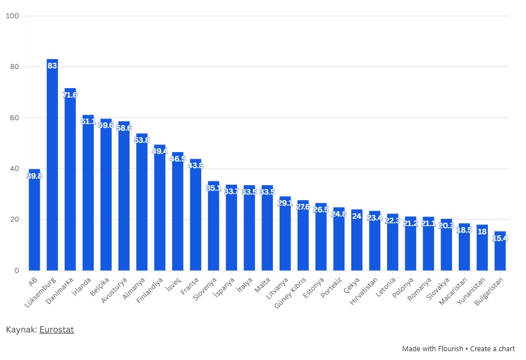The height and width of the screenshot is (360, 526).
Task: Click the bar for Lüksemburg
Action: tap(52, 165)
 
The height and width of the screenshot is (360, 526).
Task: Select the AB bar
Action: tap(34, 221)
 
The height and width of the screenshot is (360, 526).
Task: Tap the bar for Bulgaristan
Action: tap(500, 254)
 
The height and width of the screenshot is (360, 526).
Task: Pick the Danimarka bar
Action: tap(70, 182)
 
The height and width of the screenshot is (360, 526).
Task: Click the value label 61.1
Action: tap(88, 121)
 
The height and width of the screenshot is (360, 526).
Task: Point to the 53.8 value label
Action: tap(142, 140)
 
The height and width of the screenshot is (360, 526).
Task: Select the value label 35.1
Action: tap(213, 188)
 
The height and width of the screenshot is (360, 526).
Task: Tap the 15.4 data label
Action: tap(500, 238)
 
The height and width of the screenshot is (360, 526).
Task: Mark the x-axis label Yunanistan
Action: tap(473, 291)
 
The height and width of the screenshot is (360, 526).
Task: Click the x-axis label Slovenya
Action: tap(206, 288)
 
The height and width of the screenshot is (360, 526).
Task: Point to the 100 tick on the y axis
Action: tap(13, 16)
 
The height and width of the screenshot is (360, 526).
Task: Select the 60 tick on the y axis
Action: tap(14, 117)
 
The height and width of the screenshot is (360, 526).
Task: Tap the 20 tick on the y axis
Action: tap(14, 219)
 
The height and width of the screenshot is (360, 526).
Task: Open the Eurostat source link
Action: tap(56, 330)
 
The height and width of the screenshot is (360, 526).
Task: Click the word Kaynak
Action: tap(21, 330)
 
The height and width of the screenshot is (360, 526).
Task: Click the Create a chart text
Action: tap(492, 348)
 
